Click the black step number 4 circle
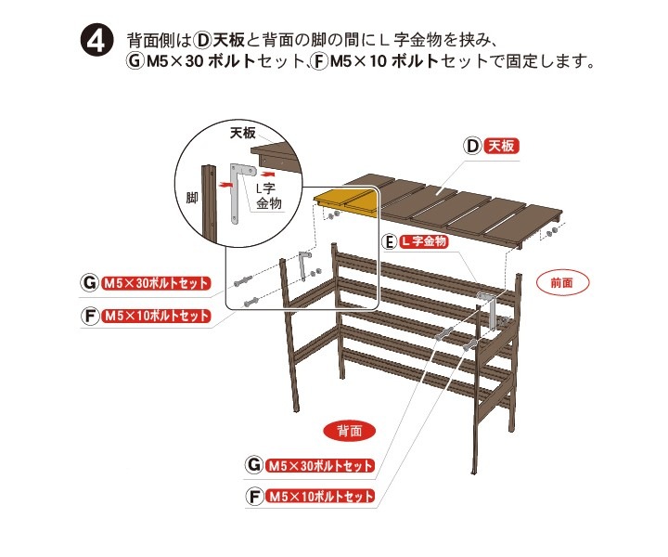pyautogui.click(x=97, y=42)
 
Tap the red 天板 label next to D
pyautogui.click(x=501, y=146)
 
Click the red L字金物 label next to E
pyautogui.click(x=424, y=241)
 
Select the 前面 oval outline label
pyautogui.click(x=562, y=282)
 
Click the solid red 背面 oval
pyautogui.click(x=350, y=432)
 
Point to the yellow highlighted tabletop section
pyautogui.click(x=346, y=202)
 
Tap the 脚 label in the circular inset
pyautogui.click(x=192, y=198)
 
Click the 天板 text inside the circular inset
pyautogui.click(x=243, y=134)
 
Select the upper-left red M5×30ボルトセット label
pyautogui.click(x=156, y=283)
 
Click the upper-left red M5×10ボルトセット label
pyautogui.click(x=156, y=316)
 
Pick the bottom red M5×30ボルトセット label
pyautogui.click(x=320, y=465)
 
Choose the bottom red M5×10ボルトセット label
pyautogui.click(x=320, y=497)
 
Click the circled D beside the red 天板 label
pyautogui.click(x=472, y=146)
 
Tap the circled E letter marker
pyautogui.click(x=390, y=242)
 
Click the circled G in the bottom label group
pyautogui.click(x=254, y=464)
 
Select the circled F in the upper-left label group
pyautogui.click(x=89, y=317)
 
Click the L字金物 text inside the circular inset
pyautogui.click(x=268, y=196)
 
